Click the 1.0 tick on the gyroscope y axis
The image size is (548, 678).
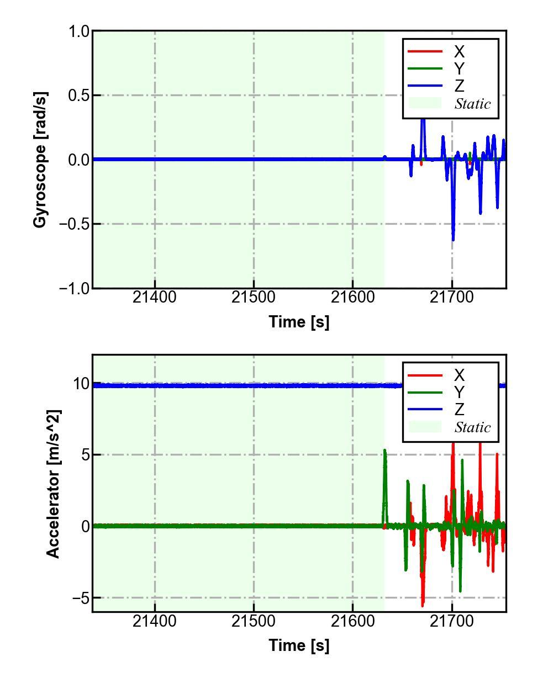pos(78,31)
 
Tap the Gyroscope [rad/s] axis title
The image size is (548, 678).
pos(40,160)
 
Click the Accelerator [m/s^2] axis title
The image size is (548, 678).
pos(53,484)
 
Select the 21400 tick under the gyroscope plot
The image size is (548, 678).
pos(155,298)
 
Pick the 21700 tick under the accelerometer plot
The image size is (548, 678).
pos(452,621)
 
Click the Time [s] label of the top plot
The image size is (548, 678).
pos(299,321)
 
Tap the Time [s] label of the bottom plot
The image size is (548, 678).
pos(299,645)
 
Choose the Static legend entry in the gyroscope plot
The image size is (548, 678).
pos(472,104)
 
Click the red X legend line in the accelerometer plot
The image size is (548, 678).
pos(425,375)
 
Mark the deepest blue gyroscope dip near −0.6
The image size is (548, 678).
pos(453,240)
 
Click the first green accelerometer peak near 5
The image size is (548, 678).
pos(384,451)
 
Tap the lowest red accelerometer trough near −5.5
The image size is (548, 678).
pos(423,605)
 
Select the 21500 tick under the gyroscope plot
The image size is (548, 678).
pos(254,298)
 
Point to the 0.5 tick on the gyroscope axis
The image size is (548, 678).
pos(78,96)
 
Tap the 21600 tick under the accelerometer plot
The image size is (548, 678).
pos(352,621)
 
